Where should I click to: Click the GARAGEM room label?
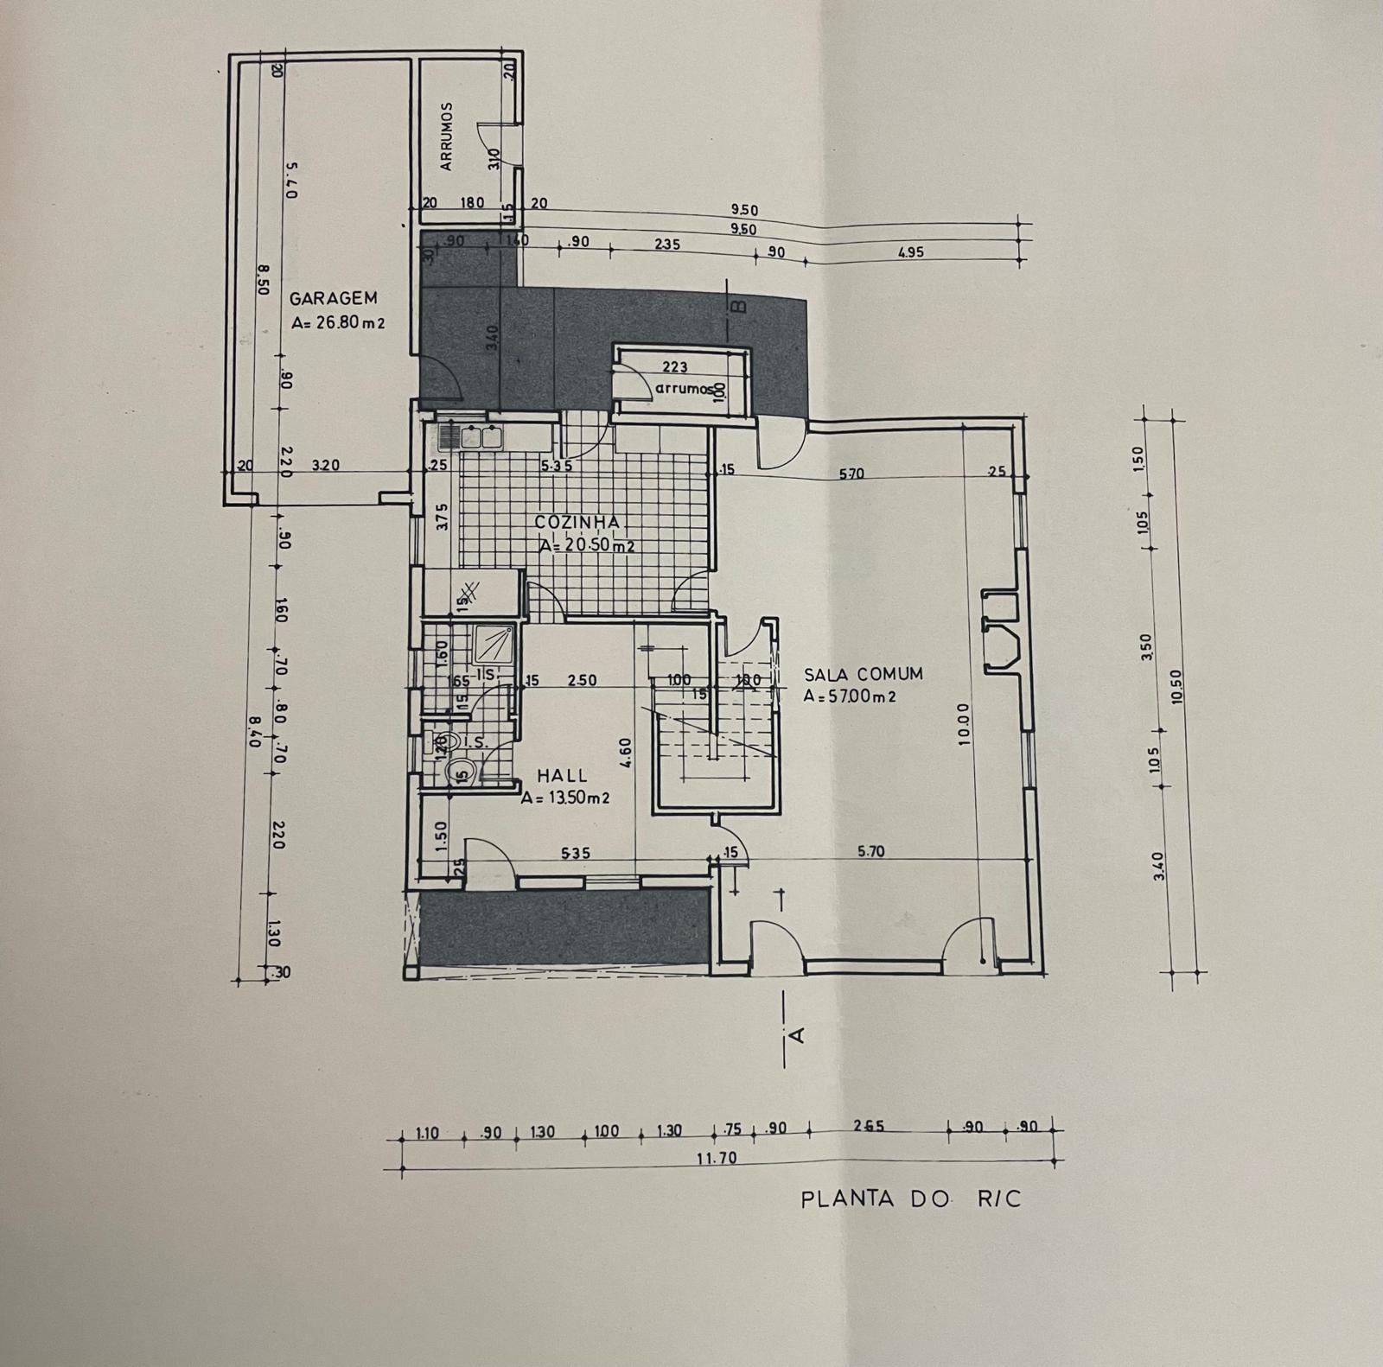click(x=333, y=298)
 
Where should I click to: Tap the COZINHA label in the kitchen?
click(x=577, y=522)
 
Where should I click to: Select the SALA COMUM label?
click(x=863, y=674)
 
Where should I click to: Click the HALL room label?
click(x=562, y=776)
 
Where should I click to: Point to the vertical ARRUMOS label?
click(x=447, y=137)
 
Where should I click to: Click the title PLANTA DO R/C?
click(x=910, y=1199)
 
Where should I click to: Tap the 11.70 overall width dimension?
click(x=716, y=1158)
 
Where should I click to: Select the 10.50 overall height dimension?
click(x=1175, y=687)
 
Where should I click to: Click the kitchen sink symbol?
click(x=471, y=436)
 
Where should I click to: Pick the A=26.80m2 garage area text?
click(x=337, y=323)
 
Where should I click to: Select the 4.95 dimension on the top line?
click(x=910, y=252)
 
